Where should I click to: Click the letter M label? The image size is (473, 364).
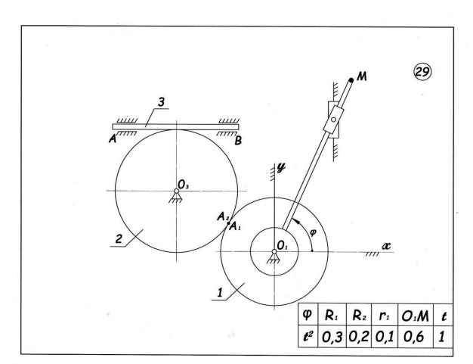tap(363, 79)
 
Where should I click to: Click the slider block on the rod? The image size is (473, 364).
tap(331, 121)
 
